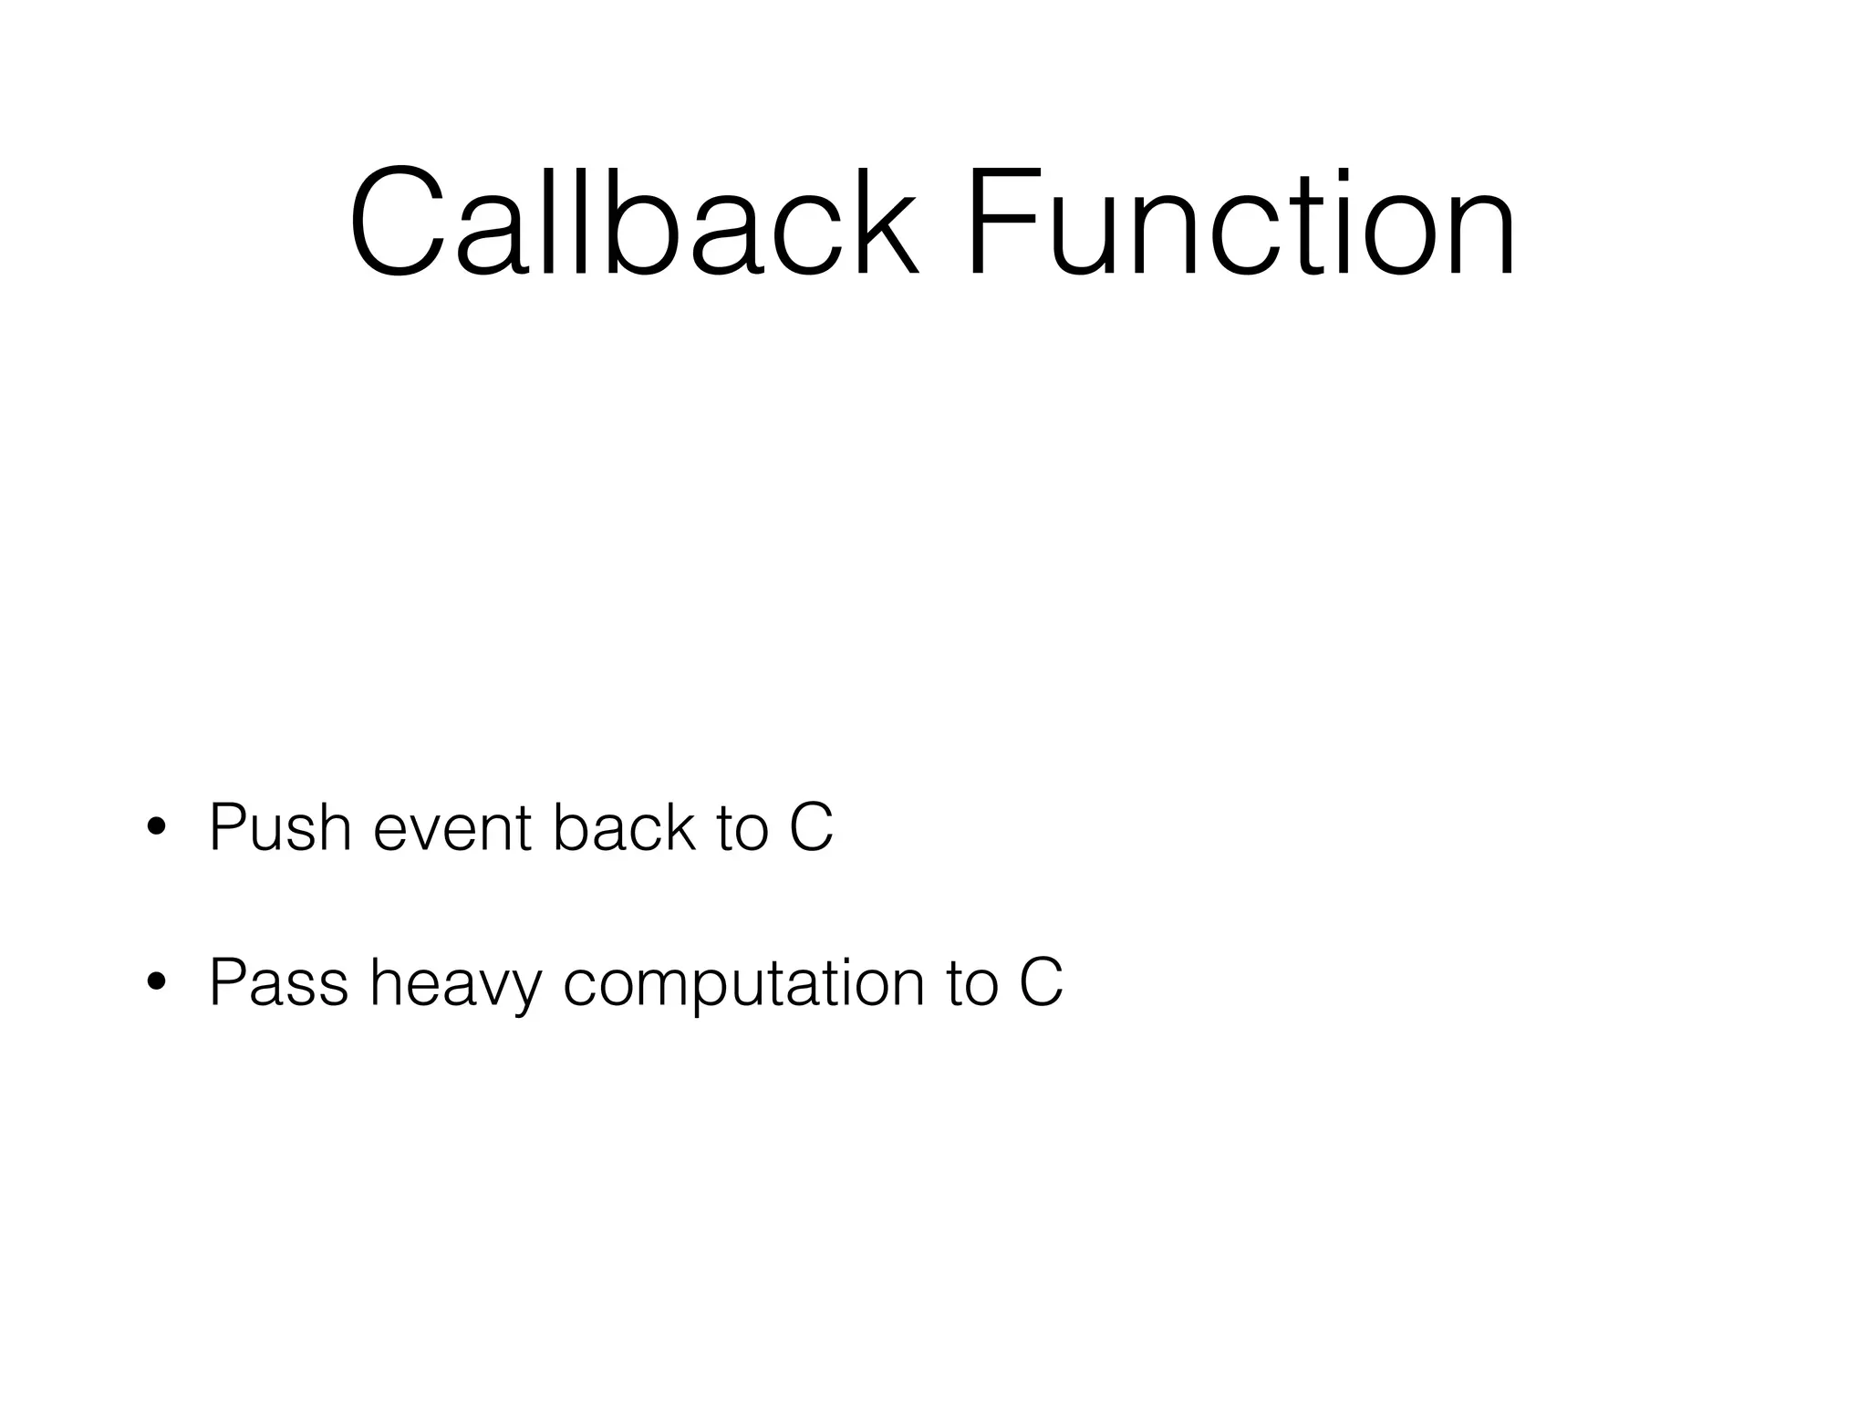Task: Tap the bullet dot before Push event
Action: (x=156, y=827)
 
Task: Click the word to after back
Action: (x=742, y=830)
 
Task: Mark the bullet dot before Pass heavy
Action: (x=156, y=982)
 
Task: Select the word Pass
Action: (x=278, y=982)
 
